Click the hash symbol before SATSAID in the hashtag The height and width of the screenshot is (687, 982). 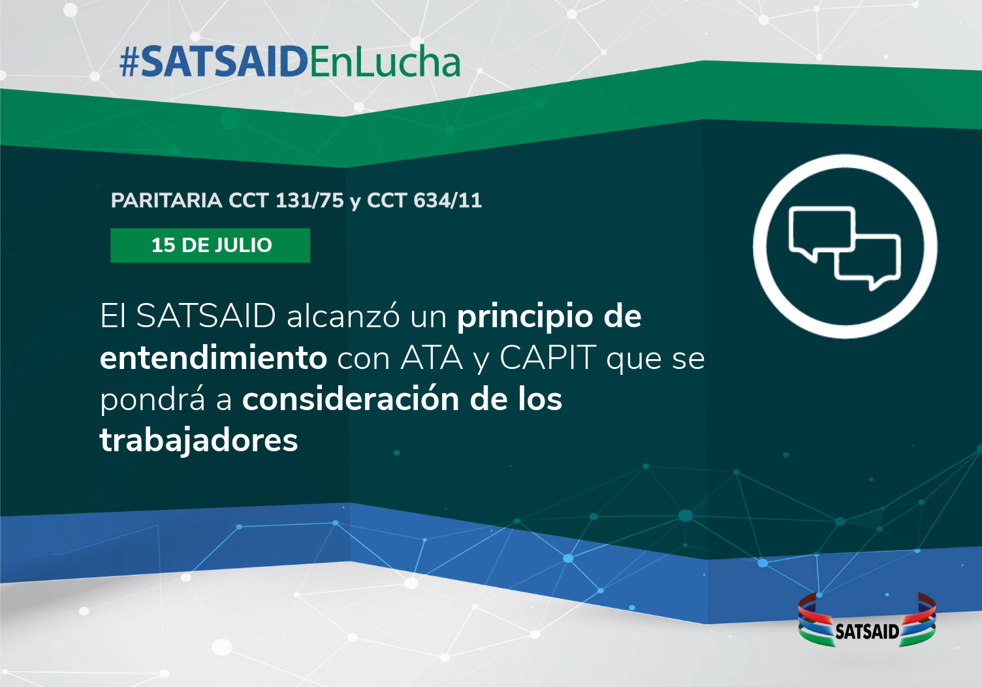click(x=129, y=62)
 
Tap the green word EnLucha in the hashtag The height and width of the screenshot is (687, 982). click(x=385, y=61)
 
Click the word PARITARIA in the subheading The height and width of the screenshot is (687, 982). click(x=166, y=200)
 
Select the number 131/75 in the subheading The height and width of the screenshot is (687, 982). click(x=309, y=200)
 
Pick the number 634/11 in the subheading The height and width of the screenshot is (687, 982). click(x=448, y=200)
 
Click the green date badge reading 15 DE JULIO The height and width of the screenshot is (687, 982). click(x=210, y=245)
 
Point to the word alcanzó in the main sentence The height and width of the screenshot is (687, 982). click(x=343, y=315)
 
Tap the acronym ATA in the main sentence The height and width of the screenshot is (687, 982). click(x=432, y=358)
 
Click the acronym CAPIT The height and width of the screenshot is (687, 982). click(x=548, y=358)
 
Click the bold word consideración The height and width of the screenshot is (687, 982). click(x=351, y=399)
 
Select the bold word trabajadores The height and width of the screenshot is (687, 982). click(x=199, y=440)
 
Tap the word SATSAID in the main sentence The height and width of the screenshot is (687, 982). click(x=206, y=315)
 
